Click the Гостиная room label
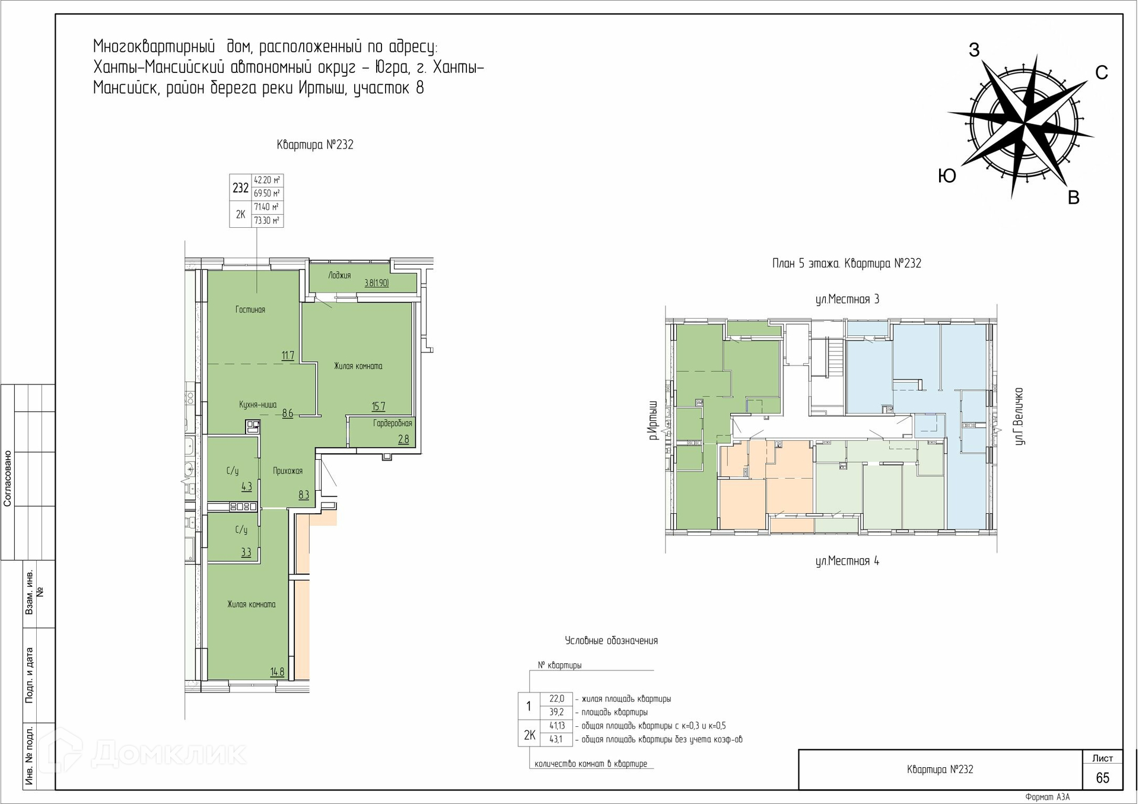250,310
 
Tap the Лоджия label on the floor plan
339,275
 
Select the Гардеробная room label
392,424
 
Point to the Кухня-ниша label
258,405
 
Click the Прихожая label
288,471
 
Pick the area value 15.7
378,407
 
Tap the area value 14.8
277,672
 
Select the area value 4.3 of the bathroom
247,487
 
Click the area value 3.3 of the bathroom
246,552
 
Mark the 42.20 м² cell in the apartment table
267,180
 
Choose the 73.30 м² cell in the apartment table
267,221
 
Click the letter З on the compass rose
974,50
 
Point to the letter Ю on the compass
947,176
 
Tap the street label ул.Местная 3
847,300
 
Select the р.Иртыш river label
653,420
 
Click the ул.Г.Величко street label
1019,416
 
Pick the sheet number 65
1102,778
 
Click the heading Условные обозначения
611,641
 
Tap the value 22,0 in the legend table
556,699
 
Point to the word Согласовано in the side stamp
8,478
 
